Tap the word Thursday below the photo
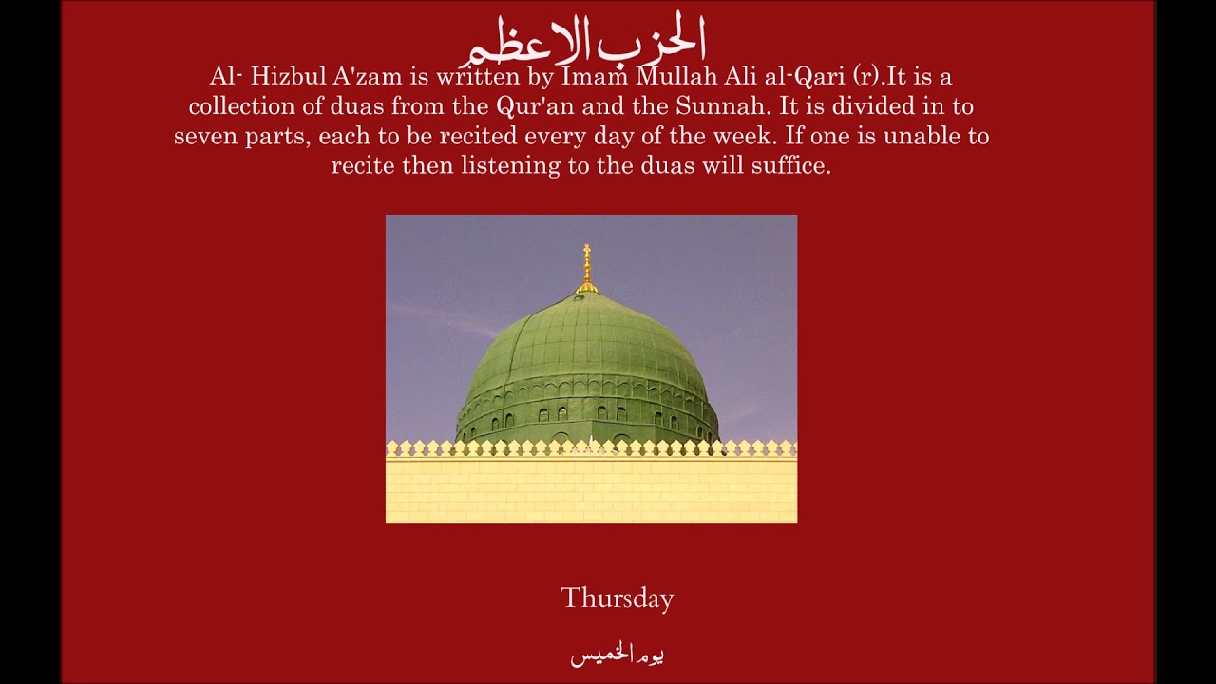(x=617, y=598)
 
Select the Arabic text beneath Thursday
(x=617, y=655)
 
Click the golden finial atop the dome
(x=587, y=268)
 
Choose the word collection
(x=243, y=106)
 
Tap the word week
(x=737, y=136)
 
